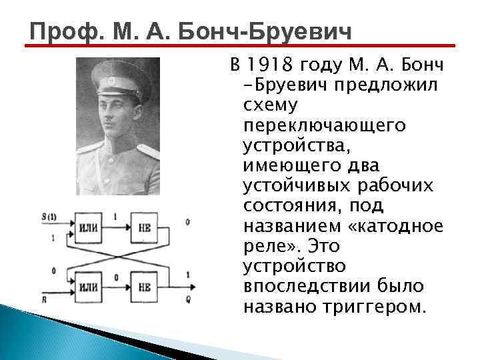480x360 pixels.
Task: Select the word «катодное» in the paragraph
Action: tap(401, 227)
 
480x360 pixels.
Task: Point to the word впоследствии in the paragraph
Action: tap(303, 287)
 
